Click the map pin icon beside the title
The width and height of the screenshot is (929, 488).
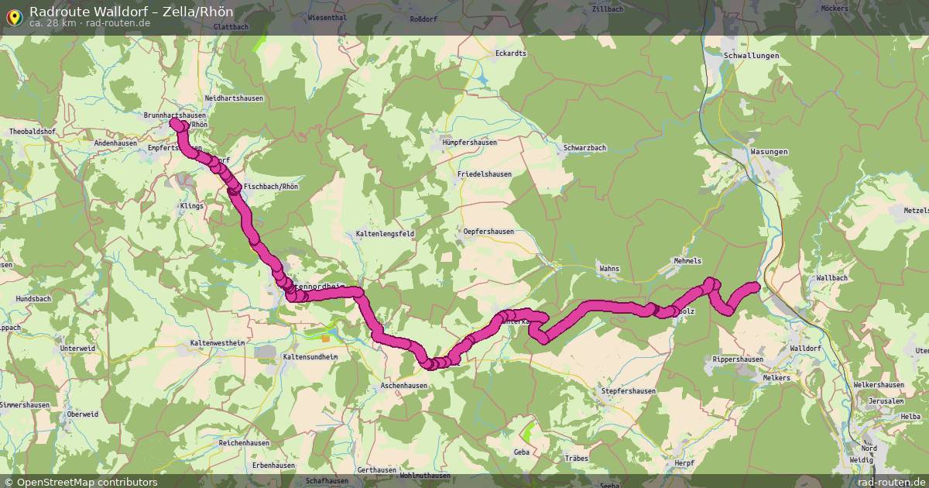pos(14,15)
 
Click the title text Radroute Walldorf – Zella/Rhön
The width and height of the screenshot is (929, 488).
pos(131,12)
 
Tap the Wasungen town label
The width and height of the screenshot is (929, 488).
pos(769,151)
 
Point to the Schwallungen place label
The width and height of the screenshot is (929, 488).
pos(750,56)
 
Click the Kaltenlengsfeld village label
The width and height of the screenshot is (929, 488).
pos(385,233)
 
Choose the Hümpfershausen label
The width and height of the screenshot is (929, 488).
pos(469,143)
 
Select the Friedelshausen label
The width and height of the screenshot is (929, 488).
pos(485,174)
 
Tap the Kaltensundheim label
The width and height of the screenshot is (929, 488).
pos(310,357)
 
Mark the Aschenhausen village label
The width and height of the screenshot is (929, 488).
pos(403,385)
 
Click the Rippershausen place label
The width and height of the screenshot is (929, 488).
pos(738,359)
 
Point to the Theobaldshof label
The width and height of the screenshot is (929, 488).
pos(33,132)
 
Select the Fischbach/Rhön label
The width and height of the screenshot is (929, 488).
pos(270,187)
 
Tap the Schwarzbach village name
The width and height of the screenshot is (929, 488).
pos(584,147)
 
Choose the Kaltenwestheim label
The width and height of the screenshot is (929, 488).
pos(218,342)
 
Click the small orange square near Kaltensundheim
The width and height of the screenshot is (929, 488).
pos(326,338)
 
